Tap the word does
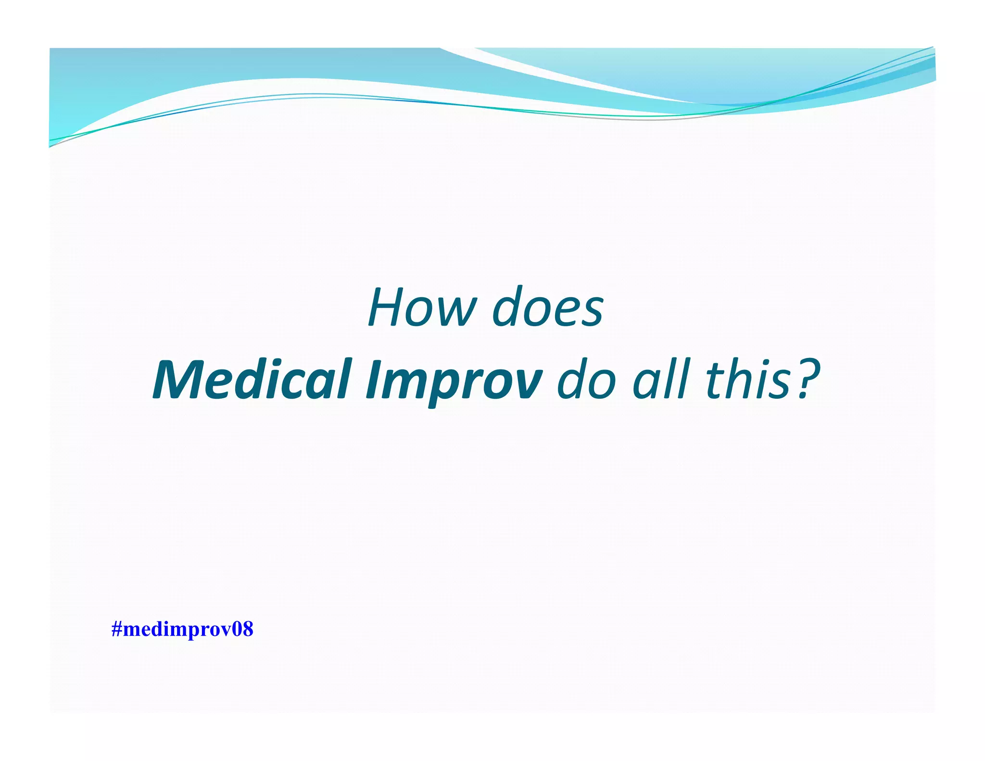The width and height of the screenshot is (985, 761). coord(548,308)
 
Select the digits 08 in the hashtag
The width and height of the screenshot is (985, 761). coord(243,629)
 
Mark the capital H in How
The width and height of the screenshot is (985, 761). coord(388,308)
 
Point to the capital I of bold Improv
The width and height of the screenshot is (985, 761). coord(373,380)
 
